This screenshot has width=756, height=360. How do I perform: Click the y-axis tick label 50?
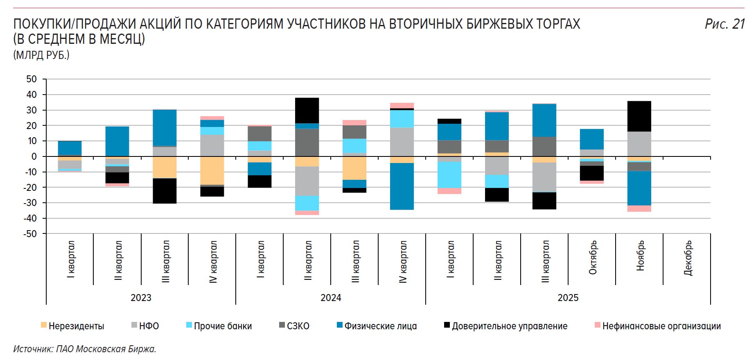32,79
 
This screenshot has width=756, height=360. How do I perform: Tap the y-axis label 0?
34,156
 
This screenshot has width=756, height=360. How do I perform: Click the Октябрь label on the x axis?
593,257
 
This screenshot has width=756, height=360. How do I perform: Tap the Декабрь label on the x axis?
688,258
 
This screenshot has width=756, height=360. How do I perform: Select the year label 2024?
331,298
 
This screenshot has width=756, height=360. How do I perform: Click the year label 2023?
141,298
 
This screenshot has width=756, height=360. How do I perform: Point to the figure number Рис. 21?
724,24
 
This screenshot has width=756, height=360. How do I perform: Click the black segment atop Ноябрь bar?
639,116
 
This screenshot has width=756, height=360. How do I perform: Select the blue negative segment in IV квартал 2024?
402,186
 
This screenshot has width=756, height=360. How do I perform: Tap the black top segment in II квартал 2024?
307,110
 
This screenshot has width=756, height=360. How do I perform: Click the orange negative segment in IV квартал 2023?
212,170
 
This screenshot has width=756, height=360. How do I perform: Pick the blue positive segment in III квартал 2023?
165,128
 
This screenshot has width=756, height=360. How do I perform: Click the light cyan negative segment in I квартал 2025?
449,175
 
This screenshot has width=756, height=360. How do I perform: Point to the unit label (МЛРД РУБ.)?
41,55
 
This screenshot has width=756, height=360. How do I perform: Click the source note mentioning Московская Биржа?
85,349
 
